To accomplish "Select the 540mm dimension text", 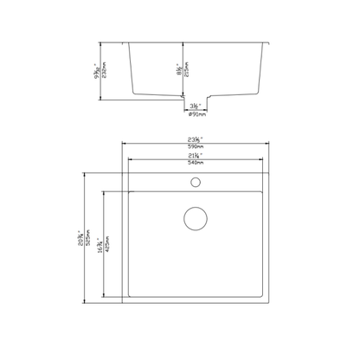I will click(x=196, y=163).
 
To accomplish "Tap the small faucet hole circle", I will click(x=196, y=183).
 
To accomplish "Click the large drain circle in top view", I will click(x=196, y=218).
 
